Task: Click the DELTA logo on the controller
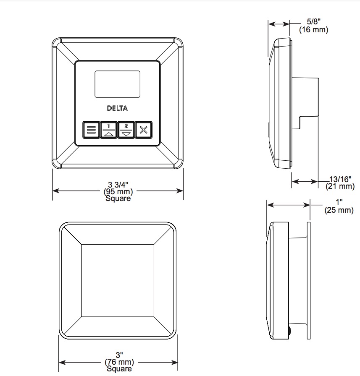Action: (x=117, y=108)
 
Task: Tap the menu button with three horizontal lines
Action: (x=91, y=130)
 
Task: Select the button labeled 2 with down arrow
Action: (x=126, y=130)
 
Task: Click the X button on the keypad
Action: (x=144, y=130)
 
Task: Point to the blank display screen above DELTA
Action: (x=117, y=84)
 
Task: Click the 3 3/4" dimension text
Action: (x=118, y=185)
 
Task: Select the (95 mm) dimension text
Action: (x=118, y=192)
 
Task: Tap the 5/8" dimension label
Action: (x=313, y=21)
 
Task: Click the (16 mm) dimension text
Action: (x=313, y=30)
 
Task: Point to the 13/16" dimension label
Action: (x=340, y=179)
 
